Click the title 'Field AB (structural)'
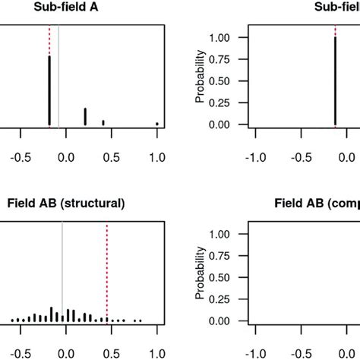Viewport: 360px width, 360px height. click(66, 204)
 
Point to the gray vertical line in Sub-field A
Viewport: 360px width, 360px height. click(59, 76)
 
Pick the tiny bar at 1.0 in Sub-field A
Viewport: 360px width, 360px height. click(157, 123)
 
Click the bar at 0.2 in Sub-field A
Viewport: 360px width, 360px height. click(85, 116)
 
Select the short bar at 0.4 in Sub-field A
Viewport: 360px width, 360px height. click(103, 122)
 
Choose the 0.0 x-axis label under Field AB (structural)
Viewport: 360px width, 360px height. click(66, 353)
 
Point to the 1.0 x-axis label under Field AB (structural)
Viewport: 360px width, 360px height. click(157, 353)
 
